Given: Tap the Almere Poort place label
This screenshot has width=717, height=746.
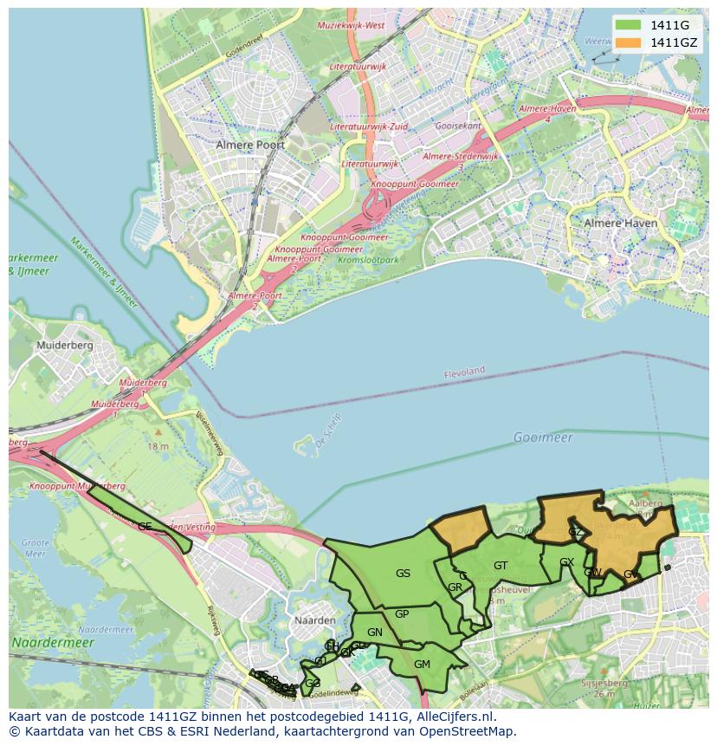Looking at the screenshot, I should [250, 145].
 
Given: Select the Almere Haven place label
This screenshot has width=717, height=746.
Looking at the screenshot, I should [620, 223].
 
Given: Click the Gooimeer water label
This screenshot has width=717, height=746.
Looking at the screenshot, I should [543, 438].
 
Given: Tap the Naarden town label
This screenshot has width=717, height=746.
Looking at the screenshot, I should [315, 620].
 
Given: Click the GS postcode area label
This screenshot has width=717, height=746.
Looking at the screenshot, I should [403, 574].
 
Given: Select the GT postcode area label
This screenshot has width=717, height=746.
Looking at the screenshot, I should [501, 566].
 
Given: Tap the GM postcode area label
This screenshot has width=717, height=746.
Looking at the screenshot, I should [422, 665].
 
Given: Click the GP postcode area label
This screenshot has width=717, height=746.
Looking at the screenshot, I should [402, 614].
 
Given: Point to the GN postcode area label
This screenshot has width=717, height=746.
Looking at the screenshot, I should [374, 632].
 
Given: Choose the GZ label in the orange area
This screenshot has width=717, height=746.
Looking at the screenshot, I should [575, 531].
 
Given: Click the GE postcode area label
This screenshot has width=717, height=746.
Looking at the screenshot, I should [145, 526].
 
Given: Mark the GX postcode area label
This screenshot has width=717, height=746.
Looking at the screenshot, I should [566, 562].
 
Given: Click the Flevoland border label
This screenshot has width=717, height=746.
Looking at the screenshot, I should [464, 372].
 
